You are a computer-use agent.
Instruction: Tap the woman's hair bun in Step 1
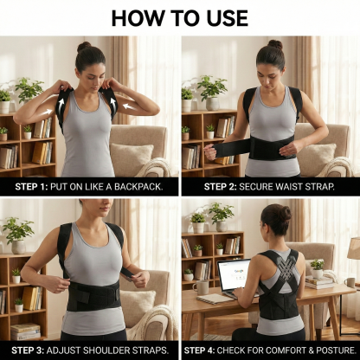[x=84, y=46]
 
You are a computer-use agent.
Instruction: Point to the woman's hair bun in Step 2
[x=274, y=44]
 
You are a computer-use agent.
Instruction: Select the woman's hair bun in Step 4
[x=285, y=212]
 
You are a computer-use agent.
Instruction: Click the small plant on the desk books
[x=318, y=266]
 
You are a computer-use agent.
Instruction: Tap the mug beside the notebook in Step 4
[x=348, y=281]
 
